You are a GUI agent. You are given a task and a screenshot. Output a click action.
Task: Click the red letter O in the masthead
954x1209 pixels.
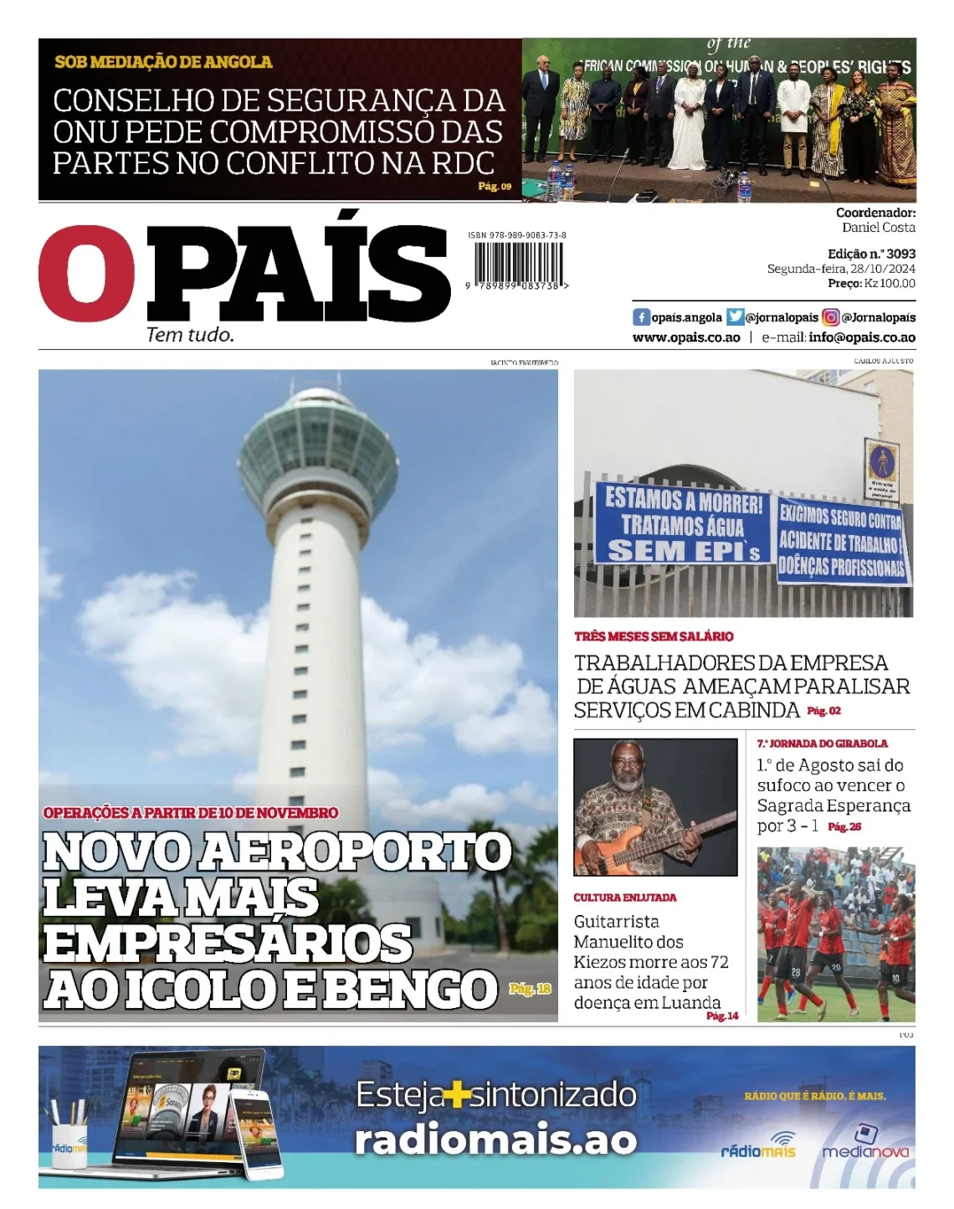(86, 273)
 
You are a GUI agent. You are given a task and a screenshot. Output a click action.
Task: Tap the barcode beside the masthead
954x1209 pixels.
(518, 264)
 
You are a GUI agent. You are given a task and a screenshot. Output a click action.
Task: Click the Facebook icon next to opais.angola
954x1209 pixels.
(641, 317)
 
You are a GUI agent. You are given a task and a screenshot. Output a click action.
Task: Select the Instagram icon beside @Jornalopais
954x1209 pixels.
(830, 317)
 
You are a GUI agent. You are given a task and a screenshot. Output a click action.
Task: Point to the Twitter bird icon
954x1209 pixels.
(735, 317)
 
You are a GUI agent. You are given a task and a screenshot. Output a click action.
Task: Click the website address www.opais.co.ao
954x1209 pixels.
(686, 337)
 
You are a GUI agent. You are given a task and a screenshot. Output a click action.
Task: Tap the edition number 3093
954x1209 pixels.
(900, 254)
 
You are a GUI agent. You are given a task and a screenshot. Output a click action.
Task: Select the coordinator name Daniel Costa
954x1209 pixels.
(878, 228)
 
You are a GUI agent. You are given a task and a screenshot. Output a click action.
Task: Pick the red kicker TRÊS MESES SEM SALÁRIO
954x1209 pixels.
(654, 636)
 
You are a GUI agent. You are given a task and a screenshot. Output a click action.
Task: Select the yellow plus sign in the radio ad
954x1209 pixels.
(456, 1095)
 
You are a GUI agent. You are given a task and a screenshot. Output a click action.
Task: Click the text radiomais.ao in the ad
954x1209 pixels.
(495, 1140)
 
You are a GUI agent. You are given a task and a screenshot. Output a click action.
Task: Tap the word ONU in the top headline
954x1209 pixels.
(84, 132)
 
